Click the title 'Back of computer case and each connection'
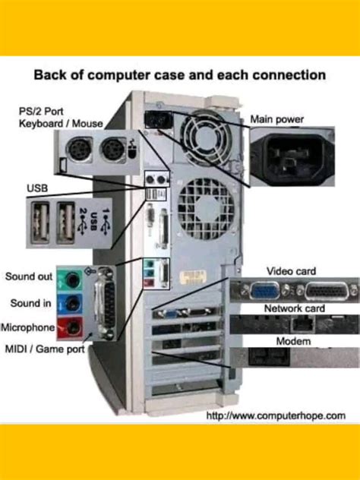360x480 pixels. tap(180, 76)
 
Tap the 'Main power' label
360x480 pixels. tap(276, 118)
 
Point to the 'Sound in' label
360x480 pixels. tap(30, 303)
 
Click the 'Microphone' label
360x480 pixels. tap(29, 327)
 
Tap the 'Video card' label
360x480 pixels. tap(291, 271)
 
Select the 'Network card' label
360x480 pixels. tap(294, 308)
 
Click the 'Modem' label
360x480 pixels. tap(294, 342)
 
